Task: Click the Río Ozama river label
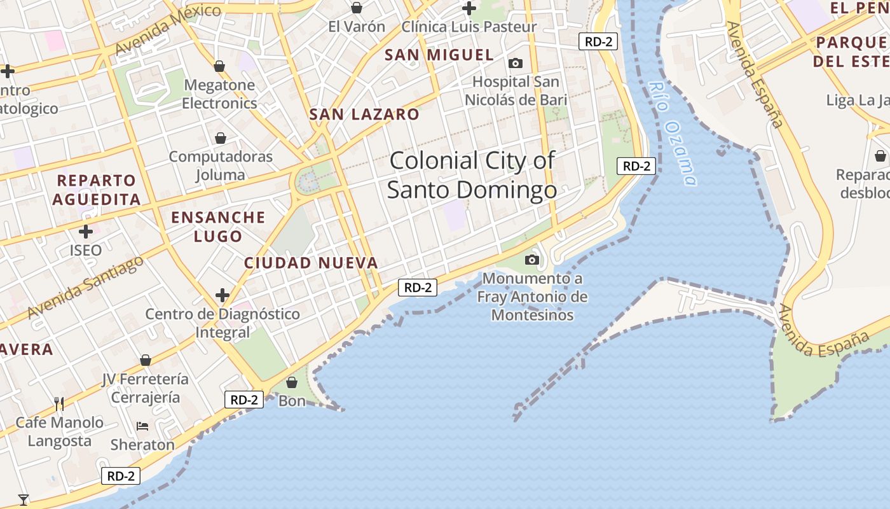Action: click(673, 134)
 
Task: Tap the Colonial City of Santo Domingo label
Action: click(472, 175)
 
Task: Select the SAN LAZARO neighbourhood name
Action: click(364, 115)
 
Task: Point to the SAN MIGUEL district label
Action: click(439, 55)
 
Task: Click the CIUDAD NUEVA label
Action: click(311, 263)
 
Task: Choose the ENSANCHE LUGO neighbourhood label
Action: click(218, 227)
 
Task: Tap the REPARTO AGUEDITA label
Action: click(96, 190)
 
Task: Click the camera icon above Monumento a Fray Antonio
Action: click(532, 260)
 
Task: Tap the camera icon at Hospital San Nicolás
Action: click(516, 63)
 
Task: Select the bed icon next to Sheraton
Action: click(142, 426)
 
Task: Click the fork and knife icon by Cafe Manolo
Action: click(59, 403)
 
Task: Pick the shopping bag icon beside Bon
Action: click(292, 382)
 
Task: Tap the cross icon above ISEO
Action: click(85, 231)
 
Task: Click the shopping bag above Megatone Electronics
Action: click(219, 66)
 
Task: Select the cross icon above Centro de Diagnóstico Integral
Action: click(222, 295)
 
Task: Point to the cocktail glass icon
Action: click(24, 499)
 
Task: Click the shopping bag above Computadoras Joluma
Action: click(220, 138)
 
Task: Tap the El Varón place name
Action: click(357, 27)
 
